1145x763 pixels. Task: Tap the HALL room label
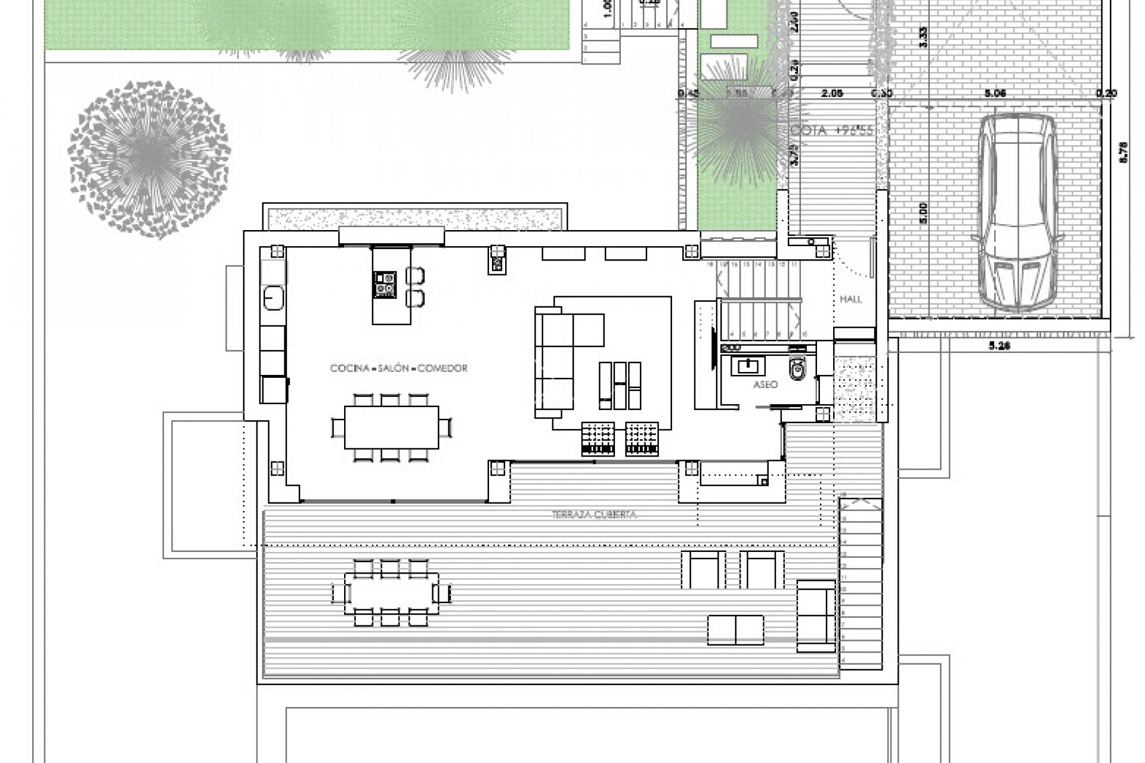pos(851,299)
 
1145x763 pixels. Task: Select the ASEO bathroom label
pos(765,384)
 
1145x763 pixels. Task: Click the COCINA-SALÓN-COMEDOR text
pos(399,368)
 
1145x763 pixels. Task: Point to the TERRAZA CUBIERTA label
pos(594,514)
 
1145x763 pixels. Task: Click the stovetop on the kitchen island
pos(385,284)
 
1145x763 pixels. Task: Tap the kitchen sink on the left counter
pos(274,297)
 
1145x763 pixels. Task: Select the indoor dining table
pos(391,427)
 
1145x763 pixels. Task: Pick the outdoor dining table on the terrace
pos(391,594)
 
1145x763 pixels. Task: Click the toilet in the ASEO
pos(797,370)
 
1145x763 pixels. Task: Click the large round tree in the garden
pos(148,159)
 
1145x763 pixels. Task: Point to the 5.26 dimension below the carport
pos(999,346)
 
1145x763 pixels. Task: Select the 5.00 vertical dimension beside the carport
pos(924,213)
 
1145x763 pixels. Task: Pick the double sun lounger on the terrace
pos(735,630)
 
